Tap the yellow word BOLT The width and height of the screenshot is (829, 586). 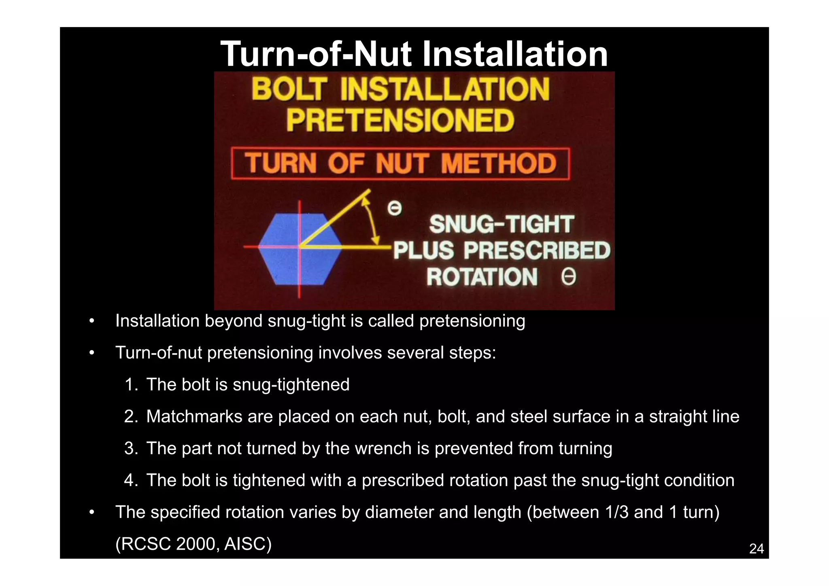(289, 89)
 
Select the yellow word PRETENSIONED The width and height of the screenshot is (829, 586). (400, 121)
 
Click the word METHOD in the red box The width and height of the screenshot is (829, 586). (499, 163)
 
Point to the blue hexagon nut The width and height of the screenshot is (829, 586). (300, 249)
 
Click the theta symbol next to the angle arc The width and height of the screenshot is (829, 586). (394, 209)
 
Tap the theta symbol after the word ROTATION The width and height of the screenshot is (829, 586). (568, 278)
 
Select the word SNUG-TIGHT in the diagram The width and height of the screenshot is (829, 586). (502, 225)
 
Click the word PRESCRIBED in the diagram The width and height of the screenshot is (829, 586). (537, 251)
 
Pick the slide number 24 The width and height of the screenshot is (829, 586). (756, 549)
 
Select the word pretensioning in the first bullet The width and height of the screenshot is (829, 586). (472, 321)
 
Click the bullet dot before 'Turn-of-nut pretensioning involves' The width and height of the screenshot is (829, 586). (92, 353)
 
